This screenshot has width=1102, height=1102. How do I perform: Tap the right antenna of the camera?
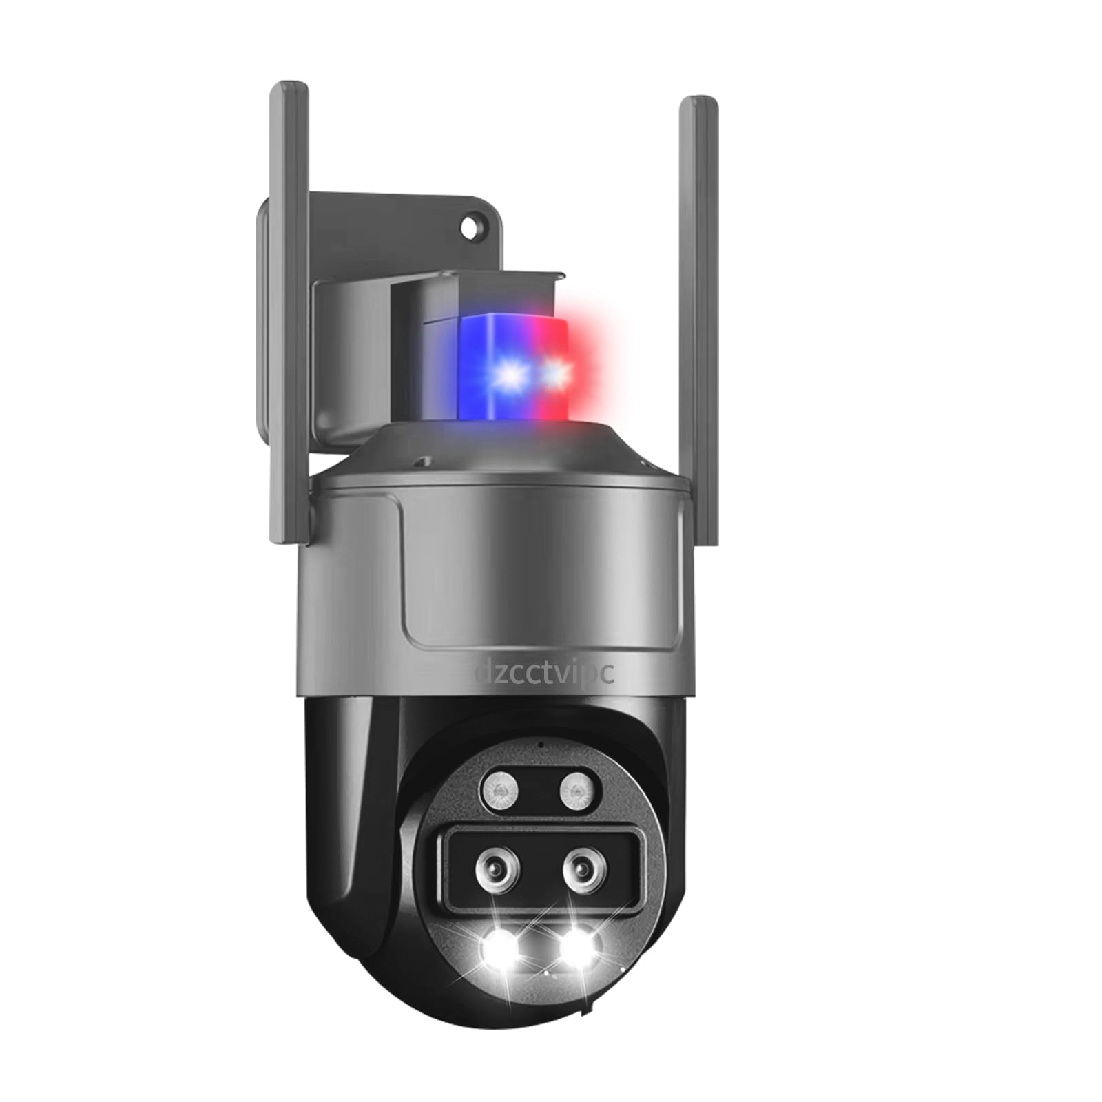[699, 320]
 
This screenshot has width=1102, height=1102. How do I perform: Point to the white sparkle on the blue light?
[511, 375]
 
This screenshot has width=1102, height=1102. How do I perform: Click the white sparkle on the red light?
[555, 373]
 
